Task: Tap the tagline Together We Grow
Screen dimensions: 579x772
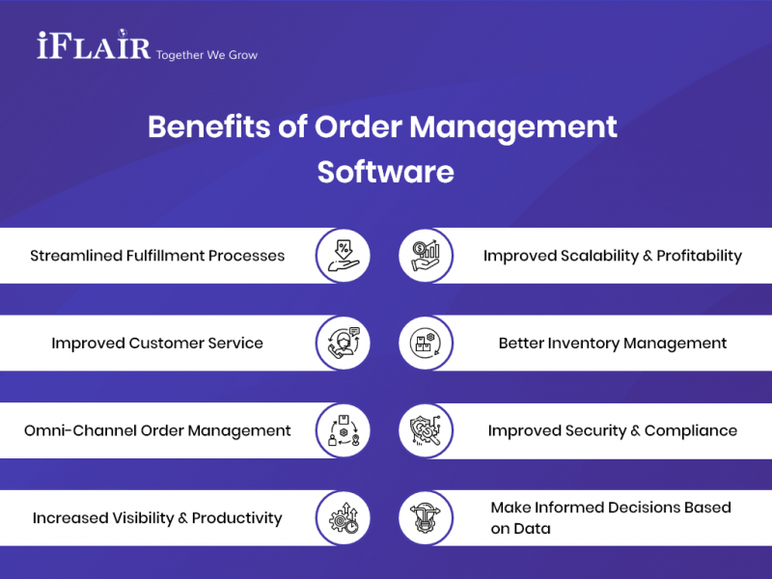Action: click(207, 54)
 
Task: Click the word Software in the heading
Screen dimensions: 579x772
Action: click(385, 172)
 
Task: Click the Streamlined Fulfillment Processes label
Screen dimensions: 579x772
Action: click(157, 256)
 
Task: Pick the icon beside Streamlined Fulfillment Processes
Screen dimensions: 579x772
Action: click(344, 256)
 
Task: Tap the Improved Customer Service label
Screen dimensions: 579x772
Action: click(157, 343)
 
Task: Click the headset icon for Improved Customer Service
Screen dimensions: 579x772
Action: click(344, 343)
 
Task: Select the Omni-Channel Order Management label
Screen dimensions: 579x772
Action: click(157, 430)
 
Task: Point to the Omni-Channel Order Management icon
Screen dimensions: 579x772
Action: click(344, 430)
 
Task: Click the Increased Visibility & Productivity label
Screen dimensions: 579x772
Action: click(157, 518)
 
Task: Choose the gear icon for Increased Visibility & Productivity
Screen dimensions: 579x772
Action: click(344, 518)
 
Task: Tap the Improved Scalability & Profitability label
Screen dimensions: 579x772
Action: click(613, 256)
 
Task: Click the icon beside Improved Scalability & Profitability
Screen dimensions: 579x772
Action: click(426, 256)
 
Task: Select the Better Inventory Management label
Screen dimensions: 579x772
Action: click(613, 343)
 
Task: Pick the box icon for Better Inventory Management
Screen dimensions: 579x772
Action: click(426, 343)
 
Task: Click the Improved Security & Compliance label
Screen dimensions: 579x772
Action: click(613, 430)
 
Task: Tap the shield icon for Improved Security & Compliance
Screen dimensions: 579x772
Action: click(426, 430)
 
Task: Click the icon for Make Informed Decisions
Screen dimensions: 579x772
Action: click(426, 518)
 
